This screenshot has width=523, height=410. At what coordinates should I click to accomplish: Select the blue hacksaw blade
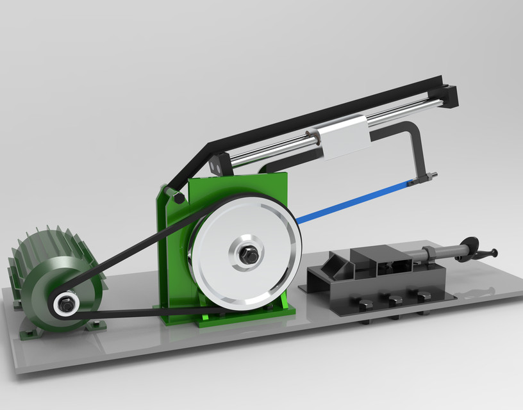point(353,201)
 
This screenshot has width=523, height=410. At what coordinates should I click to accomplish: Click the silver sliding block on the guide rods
point(344,138)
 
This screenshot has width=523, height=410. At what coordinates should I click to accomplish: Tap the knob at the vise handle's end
point(494,252)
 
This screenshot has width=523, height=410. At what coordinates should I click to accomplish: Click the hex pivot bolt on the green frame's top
point(178,197)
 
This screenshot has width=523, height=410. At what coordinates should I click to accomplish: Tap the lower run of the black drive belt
point(147,312)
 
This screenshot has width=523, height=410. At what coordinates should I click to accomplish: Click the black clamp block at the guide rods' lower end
point(219,164)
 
